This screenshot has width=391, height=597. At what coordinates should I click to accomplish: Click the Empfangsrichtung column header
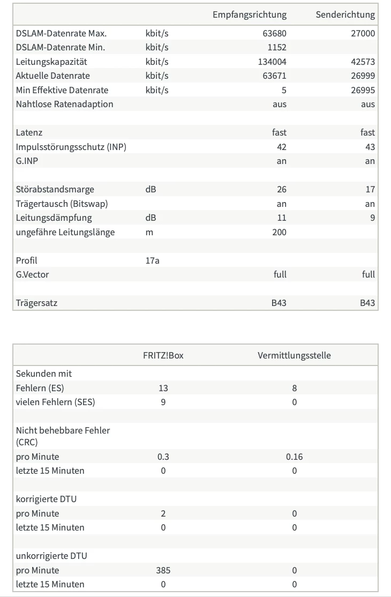[249, 14]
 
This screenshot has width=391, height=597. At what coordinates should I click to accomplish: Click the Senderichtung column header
[345, 14]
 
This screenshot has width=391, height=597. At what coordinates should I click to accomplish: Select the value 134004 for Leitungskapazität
[272, 62]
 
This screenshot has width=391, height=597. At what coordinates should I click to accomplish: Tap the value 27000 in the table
[363, 33]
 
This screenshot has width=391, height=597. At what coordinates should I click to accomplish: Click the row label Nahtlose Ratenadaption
[64, 104]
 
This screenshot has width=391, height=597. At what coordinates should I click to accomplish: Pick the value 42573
[363, 62]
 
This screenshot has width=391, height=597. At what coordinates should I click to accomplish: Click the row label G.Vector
[32, 274]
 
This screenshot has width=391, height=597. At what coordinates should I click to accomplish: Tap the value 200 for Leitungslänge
[279, 232]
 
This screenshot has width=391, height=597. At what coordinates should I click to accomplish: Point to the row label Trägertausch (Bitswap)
[62, 204]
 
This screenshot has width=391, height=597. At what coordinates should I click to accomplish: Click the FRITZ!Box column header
[163, 355]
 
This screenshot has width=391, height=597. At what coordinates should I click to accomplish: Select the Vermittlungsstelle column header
[294, 355]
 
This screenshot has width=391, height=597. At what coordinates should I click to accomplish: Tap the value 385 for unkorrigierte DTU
[163, 570]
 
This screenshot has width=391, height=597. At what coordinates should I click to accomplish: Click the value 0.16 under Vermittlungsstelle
[294, 457]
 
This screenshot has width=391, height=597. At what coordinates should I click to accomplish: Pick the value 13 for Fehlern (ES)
[163, 388]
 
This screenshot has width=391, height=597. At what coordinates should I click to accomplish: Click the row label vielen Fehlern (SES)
[55, 402]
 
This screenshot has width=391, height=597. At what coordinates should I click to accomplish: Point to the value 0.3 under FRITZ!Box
[163, 457]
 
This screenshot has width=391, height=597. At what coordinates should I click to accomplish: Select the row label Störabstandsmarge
[55, 189]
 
